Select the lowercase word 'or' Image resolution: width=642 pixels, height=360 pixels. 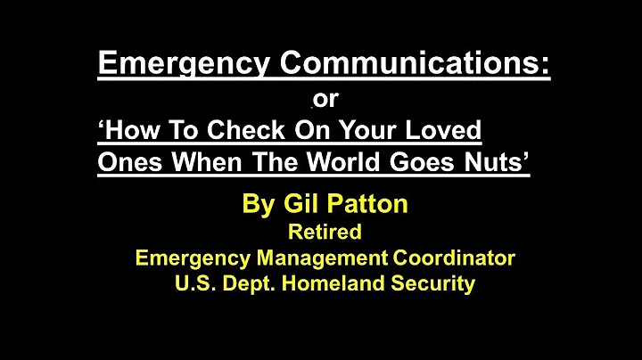(x=326, y=100)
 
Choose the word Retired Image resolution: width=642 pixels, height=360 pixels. (x=324, y=233)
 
